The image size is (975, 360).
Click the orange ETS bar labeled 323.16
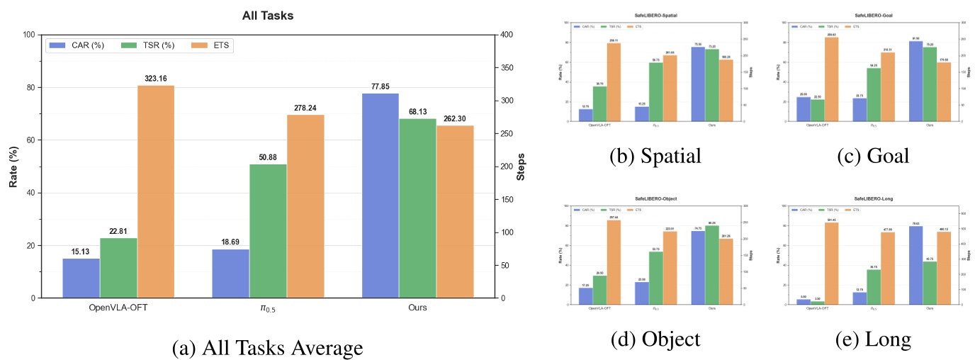(x=156, y=191)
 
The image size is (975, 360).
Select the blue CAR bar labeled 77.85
(x=381, y=196)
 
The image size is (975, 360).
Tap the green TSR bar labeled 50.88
(x=268, y=231)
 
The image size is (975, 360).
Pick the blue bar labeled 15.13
(x=81, y=278)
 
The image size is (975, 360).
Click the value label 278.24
(x=305, y=108)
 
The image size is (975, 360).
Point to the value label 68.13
(x=418, y=112)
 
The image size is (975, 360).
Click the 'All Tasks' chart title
(x=268, y=15)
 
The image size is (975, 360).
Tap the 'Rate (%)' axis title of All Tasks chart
(x=13, y=167)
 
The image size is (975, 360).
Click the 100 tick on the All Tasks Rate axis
(x=28, y=35)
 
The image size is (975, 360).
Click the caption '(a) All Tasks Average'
(x=268, y=348)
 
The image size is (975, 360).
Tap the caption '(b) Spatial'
(x=655, y=156)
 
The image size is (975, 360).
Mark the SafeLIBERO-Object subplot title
(x=655, y=199)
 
